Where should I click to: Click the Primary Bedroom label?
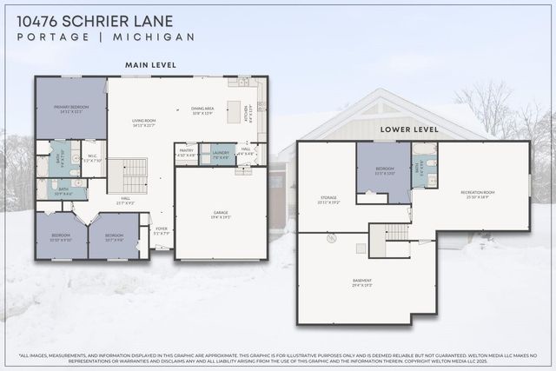pos(70,109)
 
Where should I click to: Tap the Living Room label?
pos(143,123)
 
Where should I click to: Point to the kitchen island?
pos(233,110)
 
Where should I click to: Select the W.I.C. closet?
pos(93,158)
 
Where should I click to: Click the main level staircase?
pos(134,176)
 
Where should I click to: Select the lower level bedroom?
pos(383,173)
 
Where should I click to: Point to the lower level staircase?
pos(395,232)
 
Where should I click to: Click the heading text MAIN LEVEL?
pos(150,64)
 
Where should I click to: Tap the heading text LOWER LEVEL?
pos(408,129)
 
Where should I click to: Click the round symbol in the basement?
pos(331,237)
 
